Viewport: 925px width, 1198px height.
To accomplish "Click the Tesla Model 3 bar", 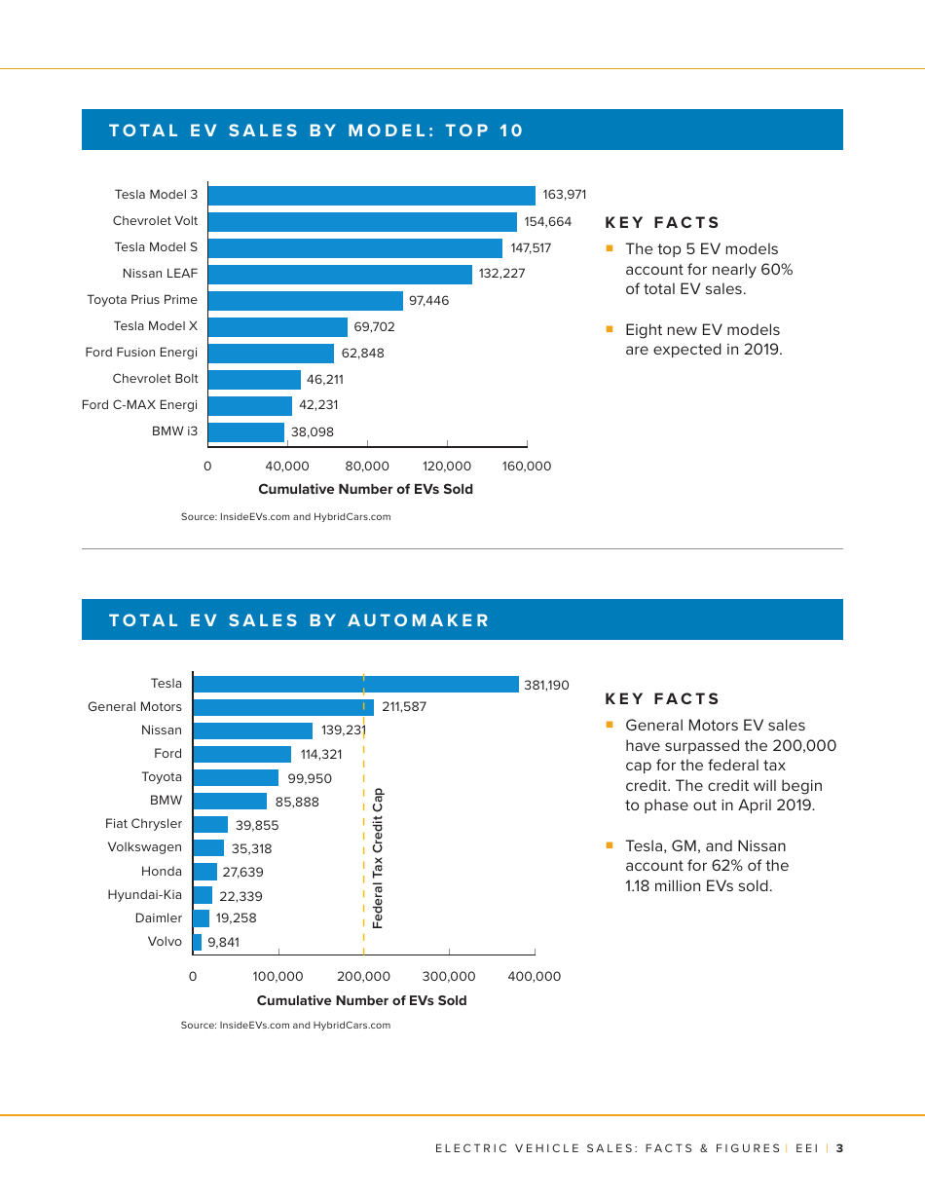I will coord(371,196).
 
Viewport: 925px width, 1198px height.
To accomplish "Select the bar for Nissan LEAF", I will coord(340,275).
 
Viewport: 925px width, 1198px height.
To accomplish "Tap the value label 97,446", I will coord(429,301).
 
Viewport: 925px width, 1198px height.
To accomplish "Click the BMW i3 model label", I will coord(174,431).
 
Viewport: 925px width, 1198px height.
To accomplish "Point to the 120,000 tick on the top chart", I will coord(447,467).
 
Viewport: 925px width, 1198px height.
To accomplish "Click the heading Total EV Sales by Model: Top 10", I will coord(316,131).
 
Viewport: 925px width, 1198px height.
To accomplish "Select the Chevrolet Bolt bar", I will coord(254,380).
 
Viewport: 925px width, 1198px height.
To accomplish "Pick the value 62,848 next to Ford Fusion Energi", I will coord(362,354).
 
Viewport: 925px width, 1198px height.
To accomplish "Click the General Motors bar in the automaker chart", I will coord(283,707).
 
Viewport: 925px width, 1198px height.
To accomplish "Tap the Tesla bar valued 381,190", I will coord(356,685).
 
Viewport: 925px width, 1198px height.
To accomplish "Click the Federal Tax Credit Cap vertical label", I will coord(378,858).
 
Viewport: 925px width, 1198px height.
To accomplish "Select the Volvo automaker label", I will coord(165,942).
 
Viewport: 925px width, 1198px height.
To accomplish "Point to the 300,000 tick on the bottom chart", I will coord(449,976).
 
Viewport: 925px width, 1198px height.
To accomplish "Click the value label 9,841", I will coord(223,942).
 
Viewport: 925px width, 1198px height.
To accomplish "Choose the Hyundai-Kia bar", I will coord(203,895).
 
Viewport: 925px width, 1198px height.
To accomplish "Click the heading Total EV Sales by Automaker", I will coord(300,620).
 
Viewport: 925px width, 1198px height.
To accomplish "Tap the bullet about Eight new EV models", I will coord(702,340).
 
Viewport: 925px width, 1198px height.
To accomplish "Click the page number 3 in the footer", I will coord(839,1148).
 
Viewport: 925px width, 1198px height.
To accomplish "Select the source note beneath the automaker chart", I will coord(285,1026).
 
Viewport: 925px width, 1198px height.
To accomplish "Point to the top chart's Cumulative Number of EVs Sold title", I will coord(365,490).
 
